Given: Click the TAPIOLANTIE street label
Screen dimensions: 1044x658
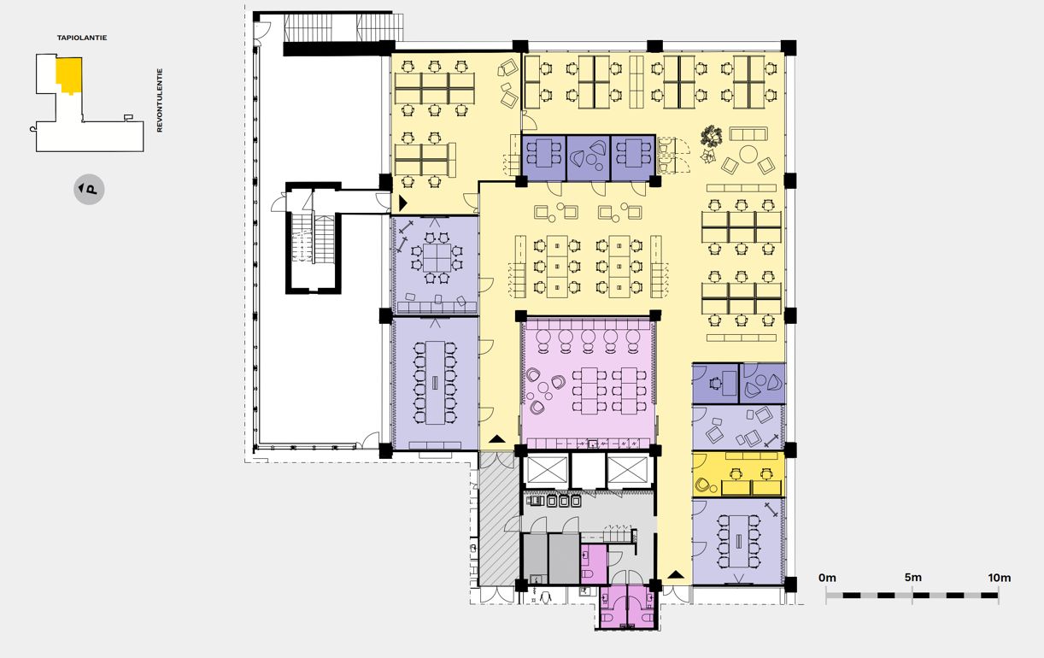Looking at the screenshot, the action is [82, 38].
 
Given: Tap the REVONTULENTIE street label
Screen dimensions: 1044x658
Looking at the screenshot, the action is [160, 100].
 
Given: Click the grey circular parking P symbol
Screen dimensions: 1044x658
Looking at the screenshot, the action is [89, 190].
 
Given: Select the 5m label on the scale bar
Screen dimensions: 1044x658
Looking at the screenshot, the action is [913, 578].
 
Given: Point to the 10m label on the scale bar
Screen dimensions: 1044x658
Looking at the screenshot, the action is [1000, 578].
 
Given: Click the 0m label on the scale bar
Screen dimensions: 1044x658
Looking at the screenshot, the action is [827, 578].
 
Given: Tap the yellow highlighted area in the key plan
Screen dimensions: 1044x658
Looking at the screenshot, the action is [69, 74].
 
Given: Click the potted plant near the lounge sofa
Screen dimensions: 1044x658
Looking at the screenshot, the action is [711, 136].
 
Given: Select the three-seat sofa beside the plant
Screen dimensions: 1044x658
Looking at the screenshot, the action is [748, 134].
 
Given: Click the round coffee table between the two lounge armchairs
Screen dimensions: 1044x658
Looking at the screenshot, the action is [748, 155].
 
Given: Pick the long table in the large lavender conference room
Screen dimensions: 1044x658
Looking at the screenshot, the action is [435, 382].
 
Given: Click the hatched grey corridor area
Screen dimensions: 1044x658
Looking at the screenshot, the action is [499, 519].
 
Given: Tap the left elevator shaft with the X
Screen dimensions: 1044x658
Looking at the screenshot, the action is [545, 470].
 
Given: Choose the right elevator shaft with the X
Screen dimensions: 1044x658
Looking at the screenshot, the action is [628, 470].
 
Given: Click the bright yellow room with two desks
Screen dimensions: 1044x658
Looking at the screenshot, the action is [738, 474].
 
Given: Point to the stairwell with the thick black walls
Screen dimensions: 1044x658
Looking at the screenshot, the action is [314, 238].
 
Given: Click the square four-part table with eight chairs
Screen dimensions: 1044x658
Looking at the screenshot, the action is [437, 258].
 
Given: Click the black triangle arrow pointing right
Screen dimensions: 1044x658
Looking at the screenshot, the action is [403, 203].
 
